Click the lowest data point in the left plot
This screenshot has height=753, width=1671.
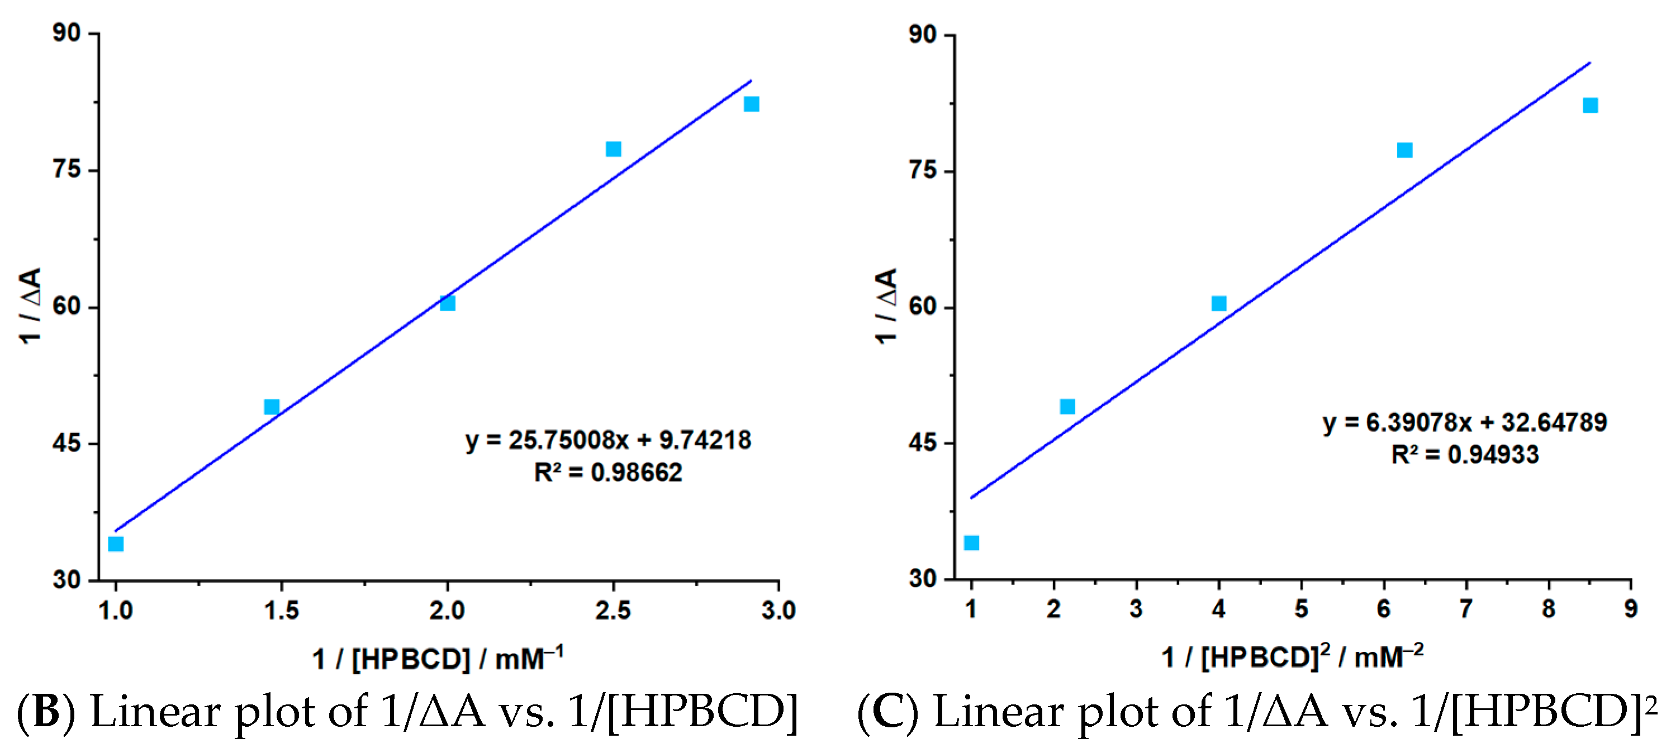116,544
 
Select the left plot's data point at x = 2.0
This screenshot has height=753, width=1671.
448,303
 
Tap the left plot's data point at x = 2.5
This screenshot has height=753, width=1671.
613,149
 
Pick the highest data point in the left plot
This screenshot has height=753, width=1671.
751,104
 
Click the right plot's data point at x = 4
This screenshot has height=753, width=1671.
1219,303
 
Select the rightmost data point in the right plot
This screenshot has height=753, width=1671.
1590,105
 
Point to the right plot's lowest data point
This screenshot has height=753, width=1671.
971,542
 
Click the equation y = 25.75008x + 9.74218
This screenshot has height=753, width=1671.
609,440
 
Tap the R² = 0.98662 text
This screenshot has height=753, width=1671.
608,473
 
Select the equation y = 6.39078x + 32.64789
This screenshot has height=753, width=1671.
1465,423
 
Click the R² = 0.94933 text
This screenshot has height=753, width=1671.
1465,455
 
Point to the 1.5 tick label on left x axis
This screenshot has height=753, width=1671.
281,611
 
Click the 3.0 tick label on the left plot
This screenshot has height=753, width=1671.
778,611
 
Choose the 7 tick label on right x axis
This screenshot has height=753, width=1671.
1466,609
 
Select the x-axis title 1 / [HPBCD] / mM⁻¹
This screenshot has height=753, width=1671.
438,659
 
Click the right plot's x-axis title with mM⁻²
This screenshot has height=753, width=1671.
1292,657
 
